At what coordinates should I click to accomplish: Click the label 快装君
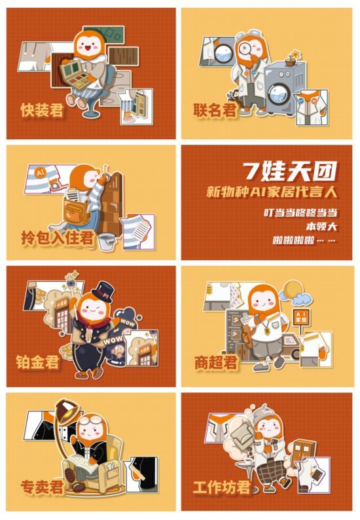pyautogui.click(x=42, y=110)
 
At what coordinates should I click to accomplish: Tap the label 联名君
pyautogui.click(x=215, y=110)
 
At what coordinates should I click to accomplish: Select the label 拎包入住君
pyautogui.click(x=57, y=237)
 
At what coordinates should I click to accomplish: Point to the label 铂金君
pyautogui.click(x=37, y=362)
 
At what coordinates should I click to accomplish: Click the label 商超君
pyautogui.click(x=216, y=362)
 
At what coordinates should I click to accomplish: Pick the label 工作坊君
pyautogui.click(x=221, y=487)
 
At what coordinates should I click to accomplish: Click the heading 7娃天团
pyautogui.click(x=290, y=171)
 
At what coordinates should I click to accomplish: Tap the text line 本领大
pyautogui.click(x=321, y=226)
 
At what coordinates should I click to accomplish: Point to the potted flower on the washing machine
pyautogui.click(x=293, y=58)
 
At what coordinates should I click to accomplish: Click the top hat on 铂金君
pyautogui.click(x=103, y=292)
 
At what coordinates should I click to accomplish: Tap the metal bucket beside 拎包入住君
pyautogui.click(x=107, y=242)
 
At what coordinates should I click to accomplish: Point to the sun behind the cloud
pyautogui.click(x=291, y=290)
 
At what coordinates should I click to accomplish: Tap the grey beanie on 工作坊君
pyautogui.click(x=263, y=411)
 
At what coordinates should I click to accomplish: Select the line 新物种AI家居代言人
pyautogui.click(x=272, y=192)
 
